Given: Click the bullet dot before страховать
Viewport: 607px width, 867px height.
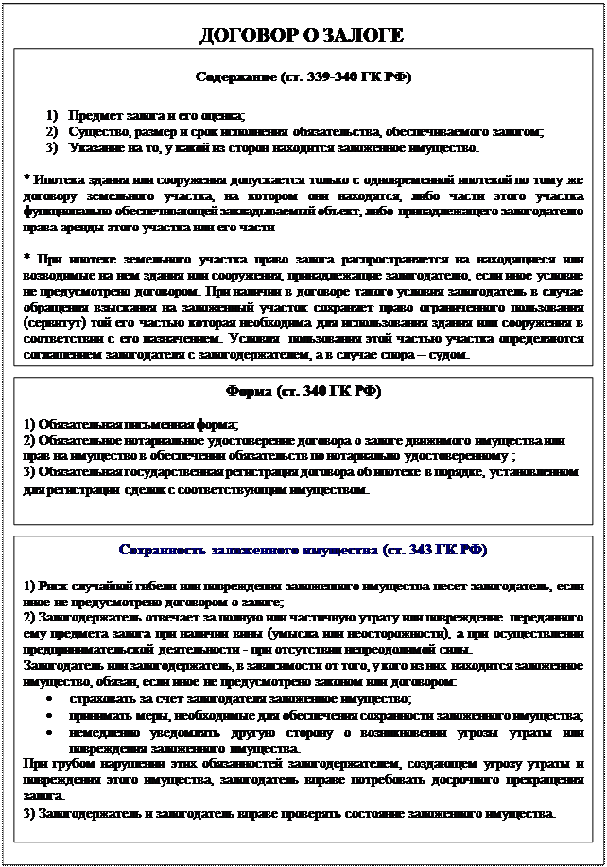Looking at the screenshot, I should pyautogui.click(x=48, y=699).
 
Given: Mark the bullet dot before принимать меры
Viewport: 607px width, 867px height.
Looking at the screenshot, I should pyautogui.click(x=48, y=715).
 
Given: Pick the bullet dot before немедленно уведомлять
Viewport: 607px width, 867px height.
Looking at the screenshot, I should pyautogui.click(x=48, y=731).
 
